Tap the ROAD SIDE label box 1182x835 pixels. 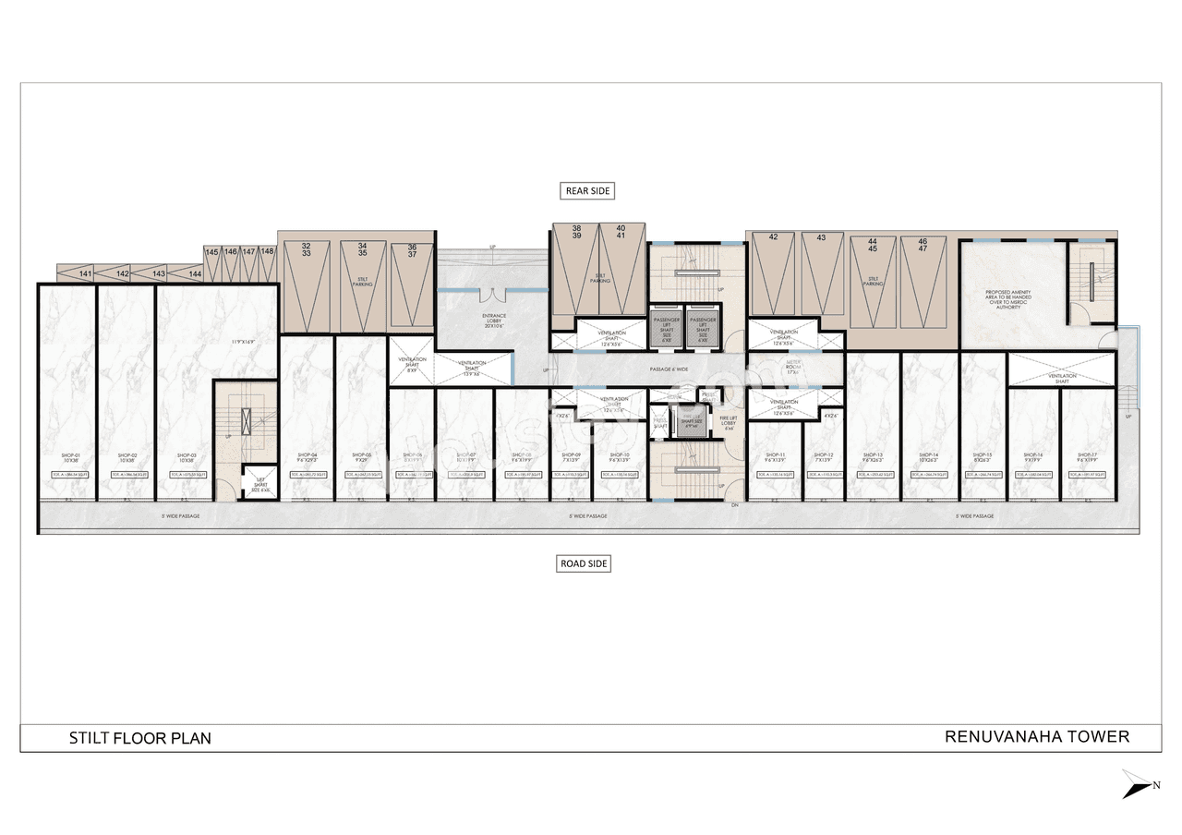pos(585,563)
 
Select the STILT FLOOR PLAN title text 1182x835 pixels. pos(140,738)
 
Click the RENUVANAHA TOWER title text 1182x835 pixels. pos(1037,736)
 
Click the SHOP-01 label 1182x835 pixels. pos(71,457)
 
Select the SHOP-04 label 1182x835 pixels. pos(308,455)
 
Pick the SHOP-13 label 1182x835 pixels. pos(873,455)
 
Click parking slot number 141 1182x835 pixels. pos(86,274)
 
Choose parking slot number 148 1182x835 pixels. pos(267,251)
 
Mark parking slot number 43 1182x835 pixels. pos(821,237)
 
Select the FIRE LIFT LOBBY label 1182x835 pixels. pos(729,423)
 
